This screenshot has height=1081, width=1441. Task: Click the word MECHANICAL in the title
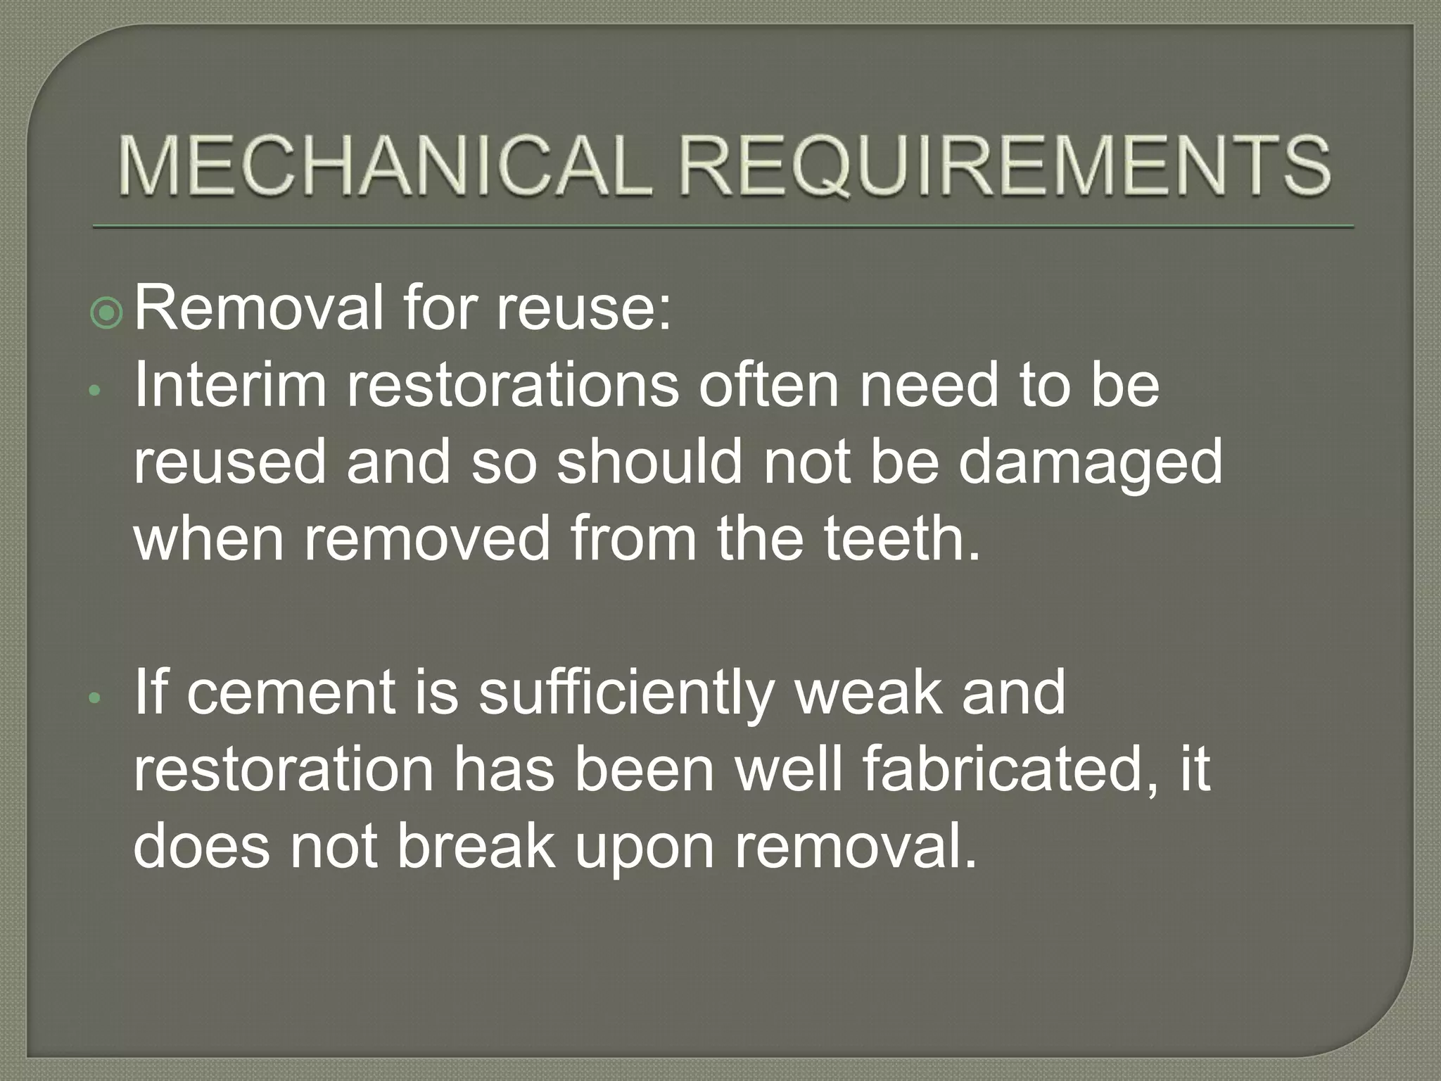click(x=381, y=166)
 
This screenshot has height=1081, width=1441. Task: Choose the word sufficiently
click(x=626, y=694)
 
